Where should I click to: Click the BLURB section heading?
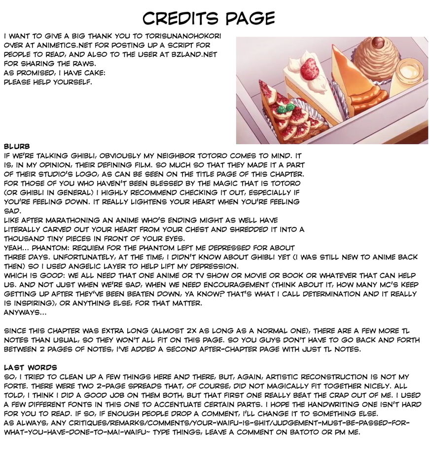pyautogui.click(x=17, y=146)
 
